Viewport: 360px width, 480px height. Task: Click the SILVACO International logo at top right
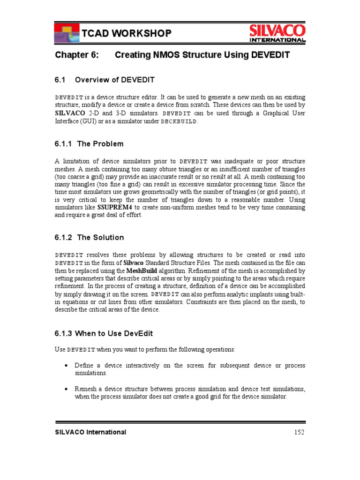(277, 33)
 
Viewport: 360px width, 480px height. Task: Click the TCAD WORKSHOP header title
(126, 33)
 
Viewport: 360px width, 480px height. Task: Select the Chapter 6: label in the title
(77, 55)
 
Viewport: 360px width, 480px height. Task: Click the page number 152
(299, 432)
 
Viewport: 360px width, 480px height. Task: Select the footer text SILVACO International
(90, 432)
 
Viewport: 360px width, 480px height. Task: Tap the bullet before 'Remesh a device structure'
(66, 389)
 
